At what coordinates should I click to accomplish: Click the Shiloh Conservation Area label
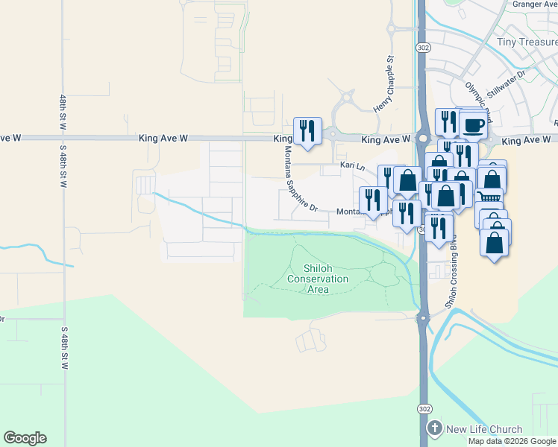pos(318,279)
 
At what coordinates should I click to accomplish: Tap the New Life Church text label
pos(484,429)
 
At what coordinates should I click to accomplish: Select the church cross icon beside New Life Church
pos(435,429)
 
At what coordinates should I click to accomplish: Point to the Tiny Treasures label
pos(527,42)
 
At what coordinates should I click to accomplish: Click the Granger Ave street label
pos(535,4)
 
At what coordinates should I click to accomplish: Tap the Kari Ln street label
pos(351,165)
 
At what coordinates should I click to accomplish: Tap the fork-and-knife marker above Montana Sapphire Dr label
pos(307,130)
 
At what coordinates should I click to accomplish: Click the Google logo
pos(25,438)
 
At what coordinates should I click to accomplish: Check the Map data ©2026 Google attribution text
pos(512,441)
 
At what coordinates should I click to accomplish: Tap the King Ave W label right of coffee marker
pos(526,140)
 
